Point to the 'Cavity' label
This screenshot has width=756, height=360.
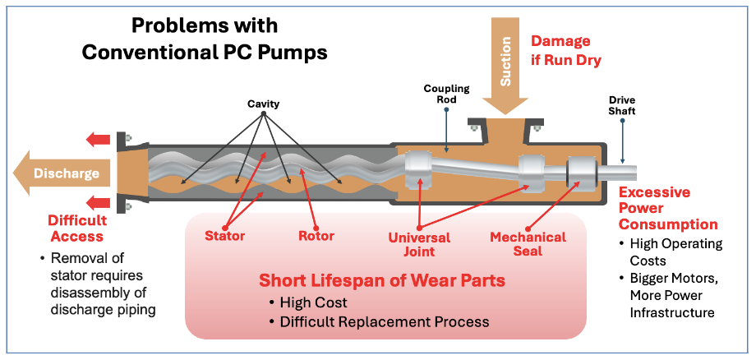click(x=264, y=104)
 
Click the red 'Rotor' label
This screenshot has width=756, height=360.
click(x=316, y=237)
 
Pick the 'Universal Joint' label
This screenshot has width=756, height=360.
click(x=419, y=244)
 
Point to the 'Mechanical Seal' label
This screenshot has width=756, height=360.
click(x=528, y=244)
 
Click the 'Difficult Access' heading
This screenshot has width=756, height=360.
click(x=77, y=228)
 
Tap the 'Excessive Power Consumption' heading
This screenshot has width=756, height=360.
click(x=667, y=209)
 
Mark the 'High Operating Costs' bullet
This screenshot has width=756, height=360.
click(x=675, y=252)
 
